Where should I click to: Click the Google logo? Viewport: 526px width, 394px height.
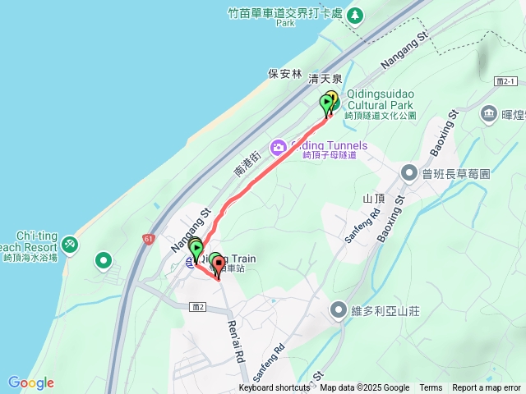point(31,383)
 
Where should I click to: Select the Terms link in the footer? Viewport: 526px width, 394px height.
point(431,388)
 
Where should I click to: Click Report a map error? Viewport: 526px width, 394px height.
point(487,388)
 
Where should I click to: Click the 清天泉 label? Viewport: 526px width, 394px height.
point(324,80)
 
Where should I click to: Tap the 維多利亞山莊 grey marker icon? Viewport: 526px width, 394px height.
point(338,310)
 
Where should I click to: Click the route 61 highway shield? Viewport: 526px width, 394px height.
point(148,239)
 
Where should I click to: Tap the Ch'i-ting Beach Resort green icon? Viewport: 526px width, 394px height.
point(69,244)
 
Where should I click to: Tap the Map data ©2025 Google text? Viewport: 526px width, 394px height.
point(365,388)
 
